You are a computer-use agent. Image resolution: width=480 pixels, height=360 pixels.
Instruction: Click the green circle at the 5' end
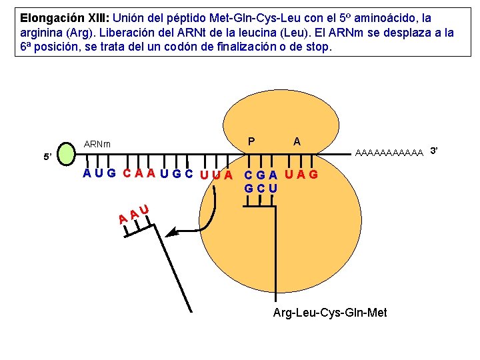[x=69, y=153]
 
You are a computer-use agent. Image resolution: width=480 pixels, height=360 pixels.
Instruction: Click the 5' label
[x=47, y=157]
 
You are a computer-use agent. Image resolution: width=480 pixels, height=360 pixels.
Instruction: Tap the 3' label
[x=434, y=150]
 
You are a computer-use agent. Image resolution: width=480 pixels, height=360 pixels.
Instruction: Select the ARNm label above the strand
[x=97, y=144]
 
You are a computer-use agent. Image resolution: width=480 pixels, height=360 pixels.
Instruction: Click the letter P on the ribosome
[x=251, y=141]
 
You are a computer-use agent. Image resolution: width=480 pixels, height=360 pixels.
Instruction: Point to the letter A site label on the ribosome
[x=297, y=141]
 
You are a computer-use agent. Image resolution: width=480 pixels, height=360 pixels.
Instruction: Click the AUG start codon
[x=99, y=174]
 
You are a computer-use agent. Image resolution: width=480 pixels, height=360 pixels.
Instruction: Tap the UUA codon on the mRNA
[x=216, y=175]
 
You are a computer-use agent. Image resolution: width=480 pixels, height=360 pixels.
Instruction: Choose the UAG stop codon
[x=301, y=175]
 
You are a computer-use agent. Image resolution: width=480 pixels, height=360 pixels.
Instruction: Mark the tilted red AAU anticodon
[x=133, y=214]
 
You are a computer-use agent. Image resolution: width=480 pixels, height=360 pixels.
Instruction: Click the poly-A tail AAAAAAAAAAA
[x=390, y=153]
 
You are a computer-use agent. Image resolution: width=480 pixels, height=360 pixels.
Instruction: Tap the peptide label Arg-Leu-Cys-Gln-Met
[x=330, y=313]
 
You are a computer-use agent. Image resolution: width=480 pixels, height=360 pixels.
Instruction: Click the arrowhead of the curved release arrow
[x=171, y=233]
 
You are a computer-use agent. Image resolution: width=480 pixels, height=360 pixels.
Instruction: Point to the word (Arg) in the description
[x=111, y=33]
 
